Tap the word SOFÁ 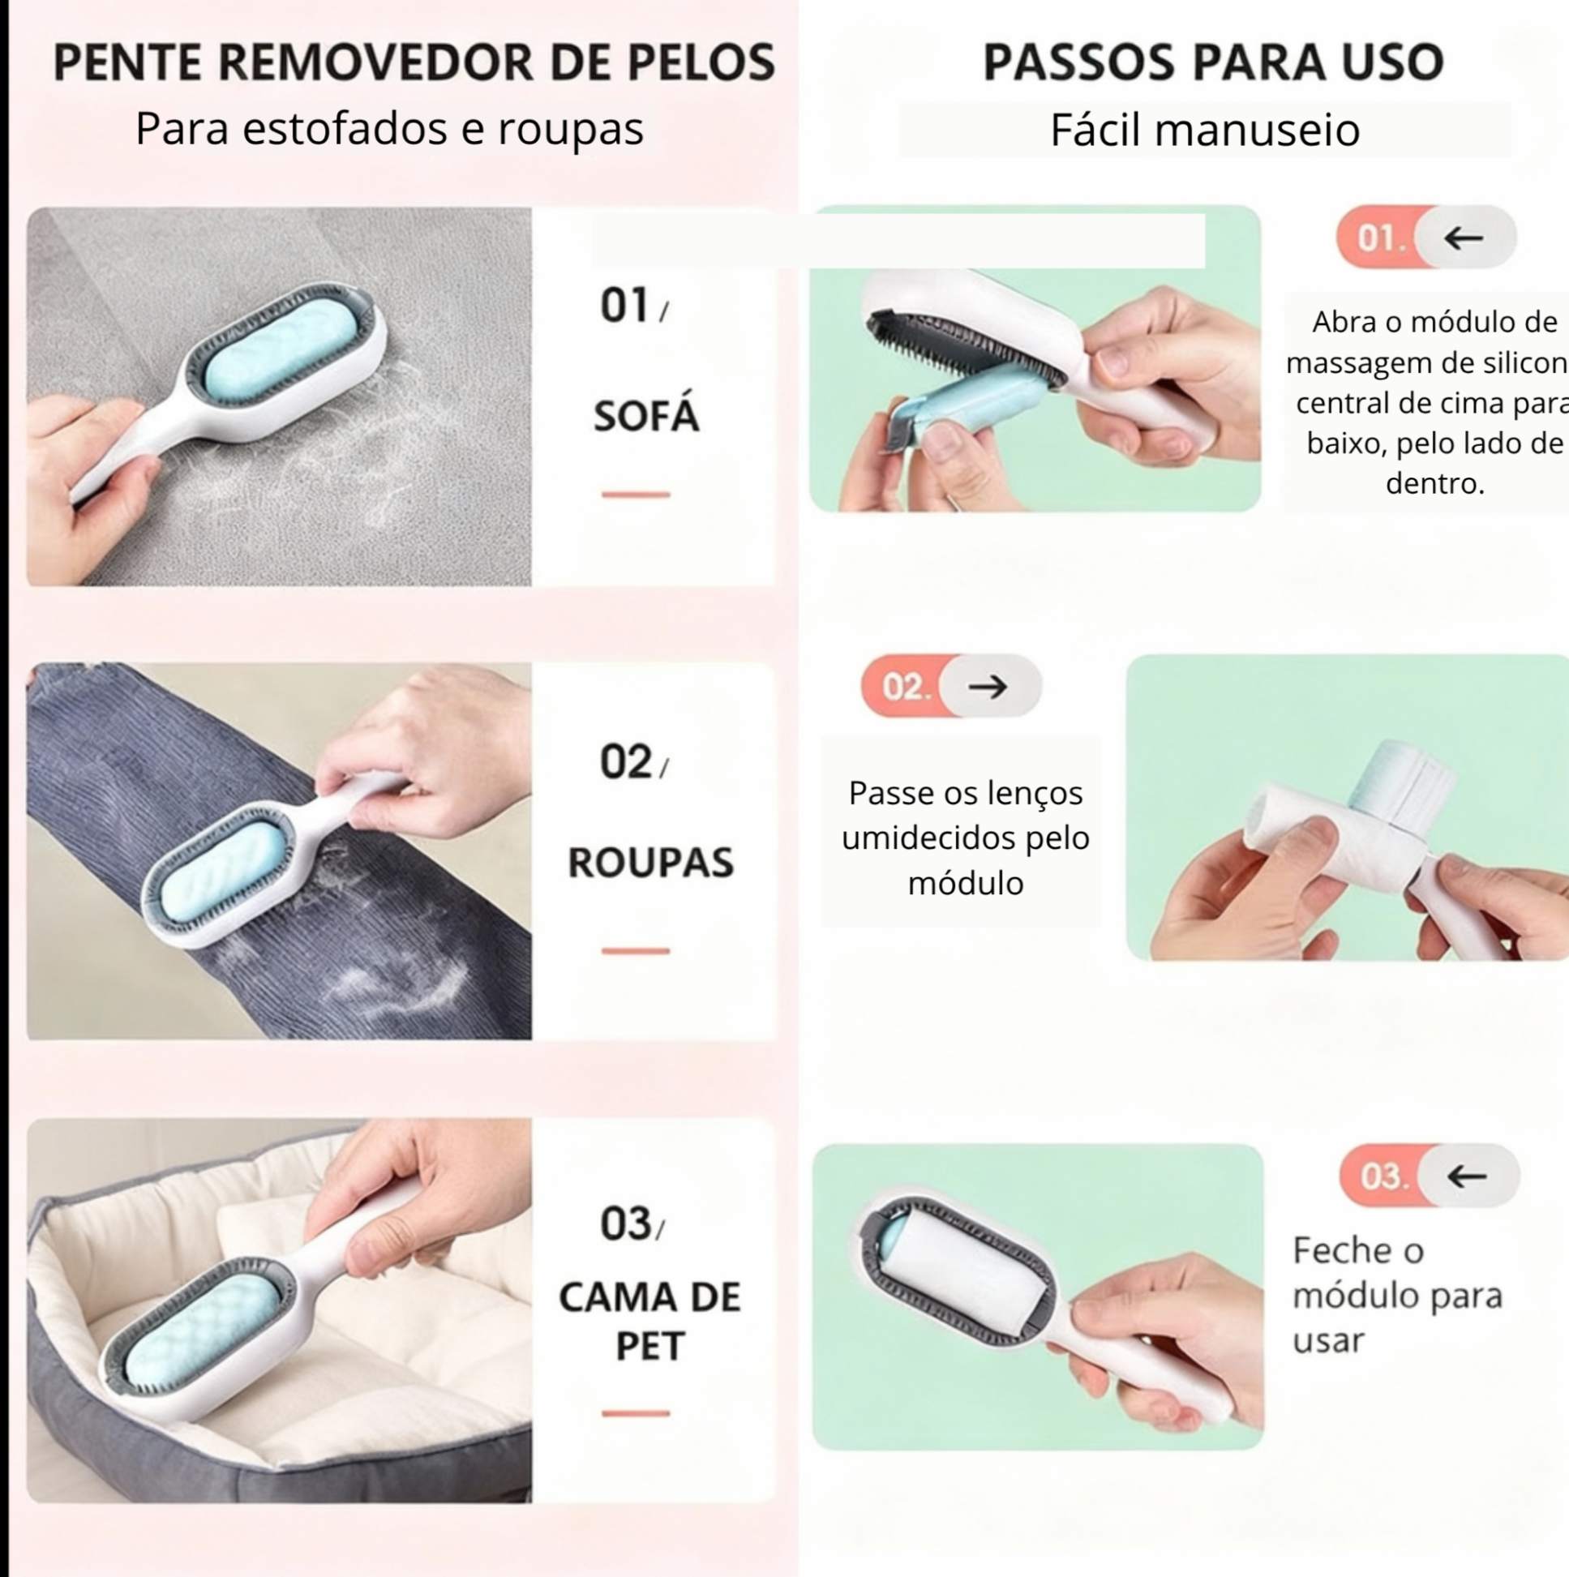coord(646,414)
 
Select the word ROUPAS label coord(650,863)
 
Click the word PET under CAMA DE coord(649,1346)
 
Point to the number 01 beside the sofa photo coord(624,306)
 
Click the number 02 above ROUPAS coord(626,761)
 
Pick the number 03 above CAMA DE coord(626,1223)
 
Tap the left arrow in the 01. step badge coord(1464,238)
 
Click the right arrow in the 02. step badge coord(988,687)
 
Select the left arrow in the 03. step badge coord(1467,1176)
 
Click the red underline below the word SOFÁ coord(636,494)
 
